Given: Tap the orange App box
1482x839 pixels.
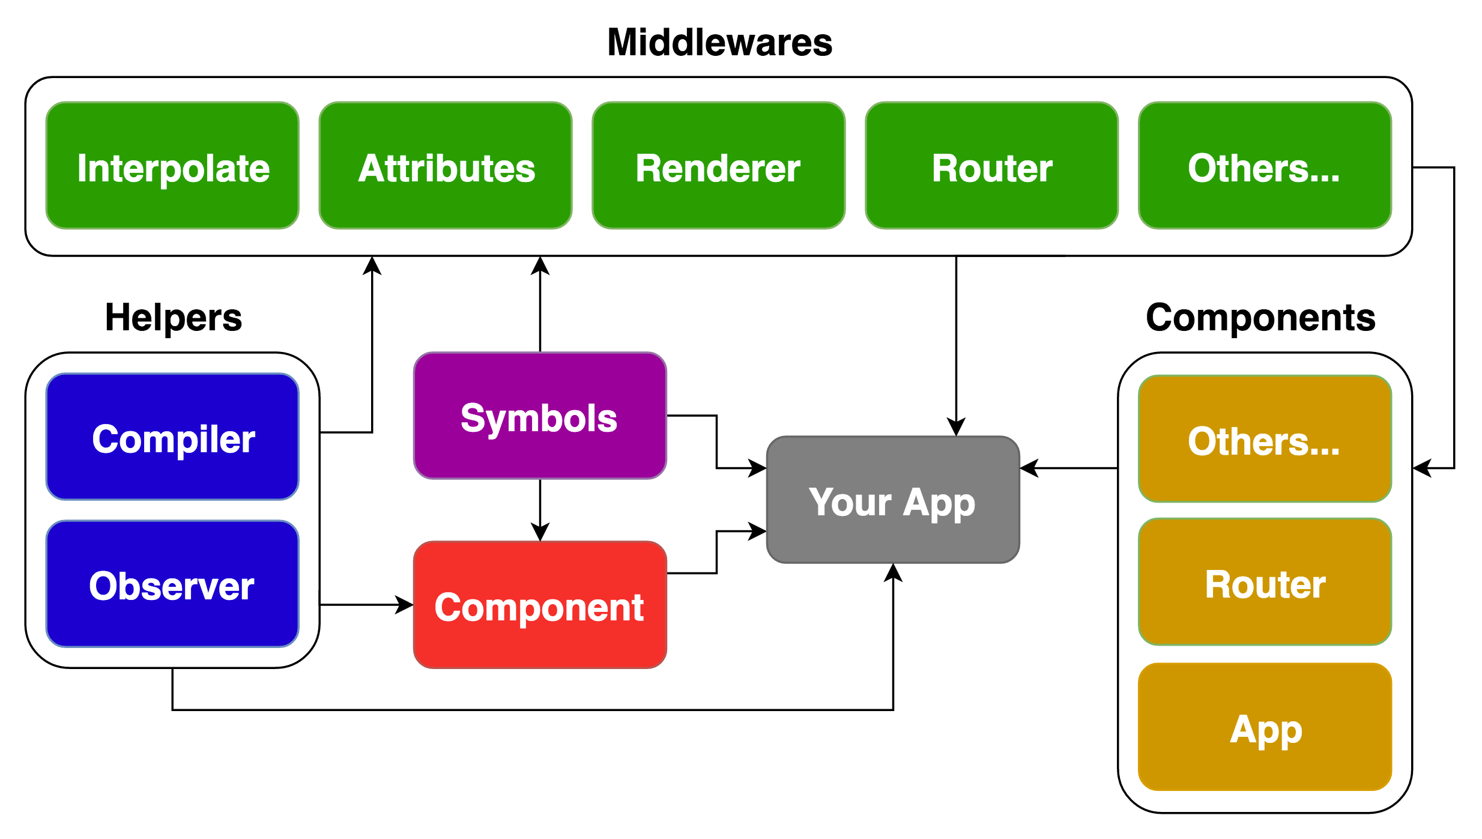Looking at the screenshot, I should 1265,728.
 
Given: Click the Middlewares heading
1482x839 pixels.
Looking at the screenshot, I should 719,42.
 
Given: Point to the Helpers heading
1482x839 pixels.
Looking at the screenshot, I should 173,317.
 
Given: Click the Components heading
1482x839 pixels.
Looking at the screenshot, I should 1260,317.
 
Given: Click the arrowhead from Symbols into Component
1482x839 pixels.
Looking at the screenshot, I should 540,533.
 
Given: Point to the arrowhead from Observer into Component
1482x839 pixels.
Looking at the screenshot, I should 404,605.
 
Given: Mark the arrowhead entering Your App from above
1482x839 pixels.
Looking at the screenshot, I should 956,427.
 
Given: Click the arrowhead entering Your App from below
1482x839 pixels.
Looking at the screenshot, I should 893,572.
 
